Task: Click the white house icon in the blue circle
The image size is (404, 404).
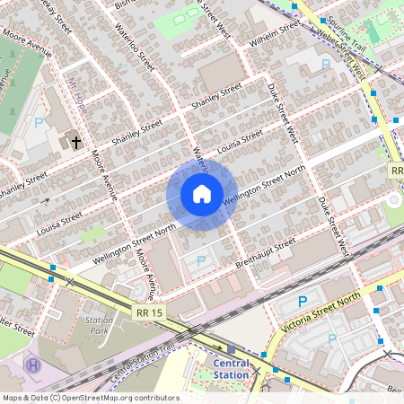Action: coord(201,194)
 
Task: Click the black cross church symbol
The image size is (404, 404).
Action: coord(76,142)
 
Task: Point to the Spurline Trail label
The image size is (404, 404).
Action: coord(347,31)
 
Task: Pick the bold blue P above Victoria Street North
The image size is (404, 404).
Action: coord(303,303)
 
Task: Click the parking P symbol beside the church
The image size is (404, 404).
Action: coord(39,123)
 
